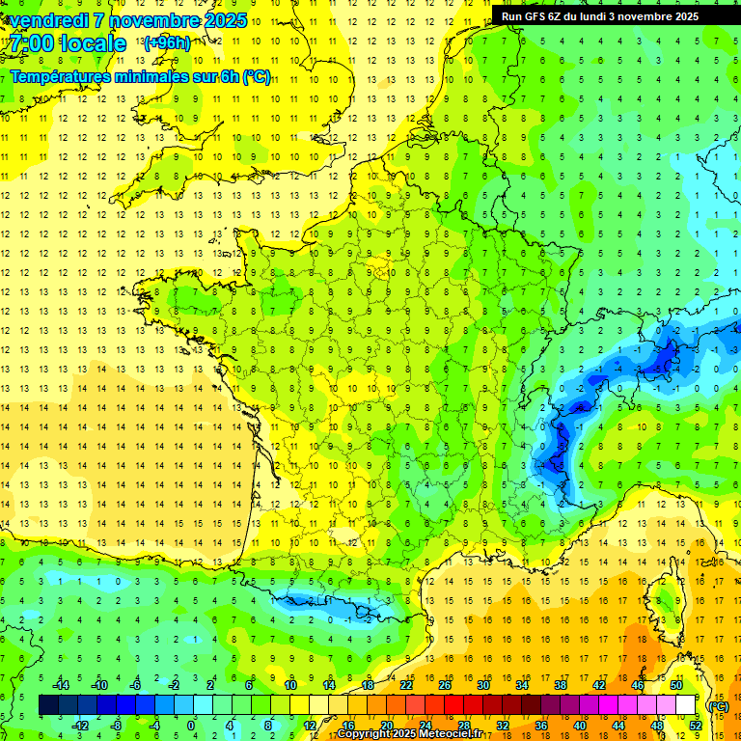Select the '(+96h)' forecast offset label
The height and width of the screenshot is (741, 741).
coord(166,43)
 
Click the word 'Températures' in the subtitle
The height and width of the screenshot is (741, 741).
coord(59,76)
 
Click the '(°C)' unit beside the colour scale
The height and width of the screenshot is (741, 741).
coord(718,705)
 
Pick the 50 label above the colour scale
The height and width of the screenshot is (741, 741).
coord(675,685)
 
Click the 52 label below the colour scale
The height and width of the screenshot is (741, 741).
coord(695,726)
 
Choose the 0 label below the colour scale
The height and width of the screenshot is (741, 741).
coord(191,726)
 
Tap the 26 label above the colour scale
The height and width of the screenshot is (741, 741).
coord(445,685)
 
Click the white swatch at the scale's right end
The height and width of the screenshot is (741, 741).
coord(685,705)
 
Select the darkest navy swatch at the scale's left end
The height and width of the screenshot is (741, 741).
coord(48,705)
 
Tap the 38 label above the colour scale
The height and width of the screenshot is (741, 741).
coord(560,685)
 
